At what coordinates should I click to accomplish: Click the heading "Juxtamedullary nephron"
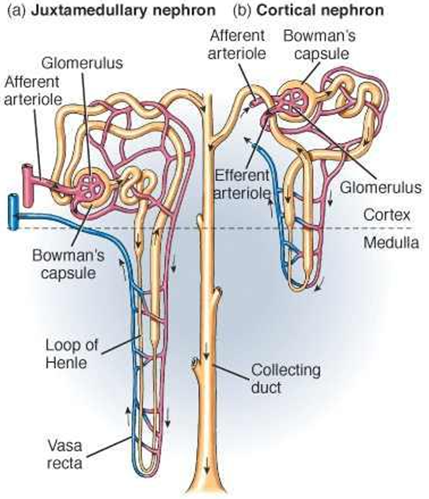pos(126,11)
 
